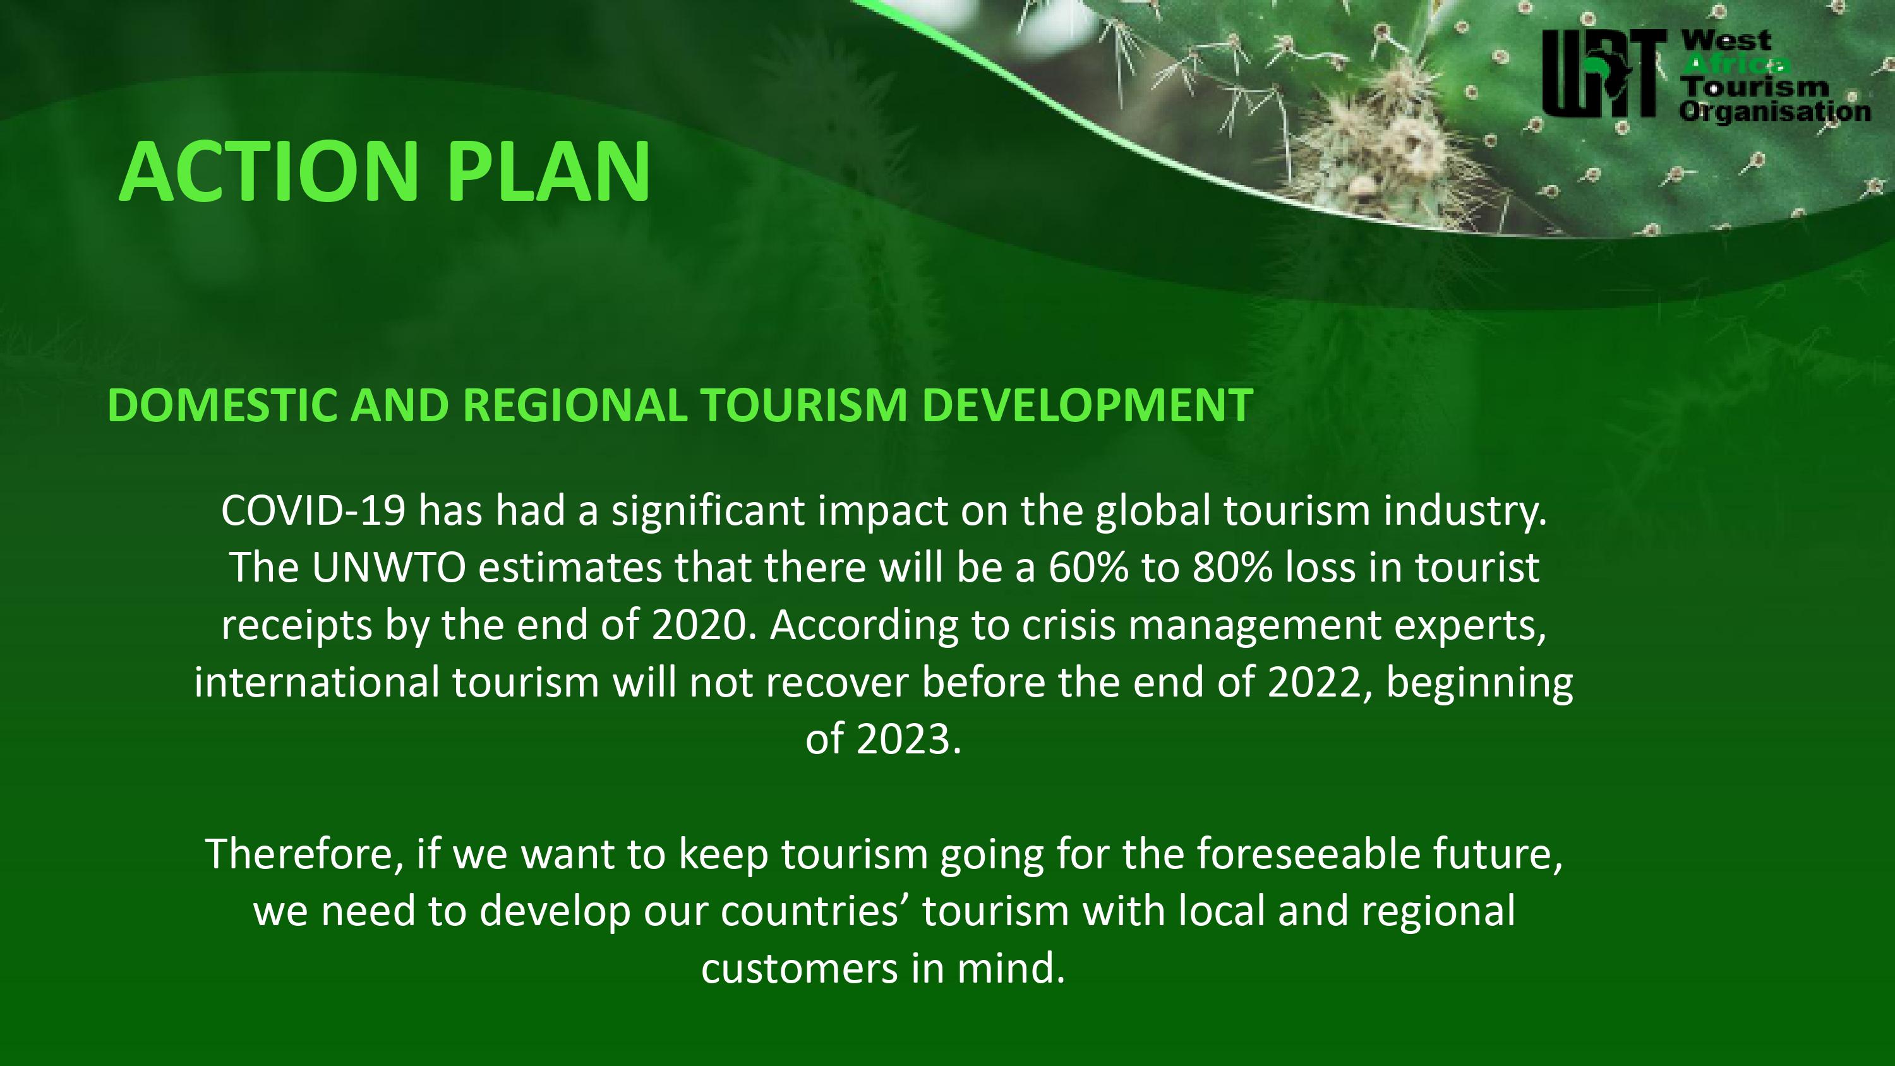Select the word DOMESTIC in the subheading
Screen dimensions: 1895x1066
pyautogui.click(x=222, y=405)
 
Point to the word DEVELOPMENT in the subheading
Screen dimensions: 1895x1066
pyautogui.click(x=1087, y=405)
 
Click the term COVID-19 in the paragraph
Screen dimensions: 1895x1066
pyautogui.click(x=313, y=510)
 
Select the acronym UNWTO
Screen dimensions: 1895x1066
pyautogui.click(x=388, y=568)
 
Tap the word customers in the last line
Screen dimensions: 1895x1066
pyautogui.click(x=800, y=968)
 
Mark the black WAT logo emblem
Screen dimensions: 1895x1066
pyautogui.click(x=1604, y=73)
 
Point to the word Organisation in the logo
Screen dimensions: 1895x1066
pyautogui.click(x=1775, y=112)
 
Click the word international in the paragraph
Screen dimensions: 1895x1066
pyautogui.click(x=317, y=683)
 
